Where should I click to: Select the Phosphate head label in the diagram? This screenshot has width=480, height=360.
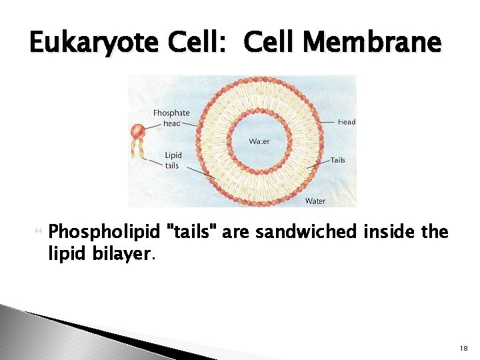(171, 118)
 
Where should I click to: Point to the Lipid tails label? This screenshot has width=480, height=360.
(172, 161)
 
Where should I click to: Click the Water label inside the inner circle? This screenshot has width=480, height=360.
(259, 141)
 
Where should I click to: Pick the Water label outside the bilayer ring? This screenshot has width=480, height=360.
(315, 201)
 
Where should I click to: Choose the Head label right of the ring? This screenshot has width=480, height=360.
(347, 122)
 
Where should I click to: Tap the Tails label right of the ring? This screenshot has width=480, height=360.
(338, 160)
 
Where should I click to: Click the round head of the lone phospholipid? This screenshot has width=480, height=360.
(138, 131)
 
